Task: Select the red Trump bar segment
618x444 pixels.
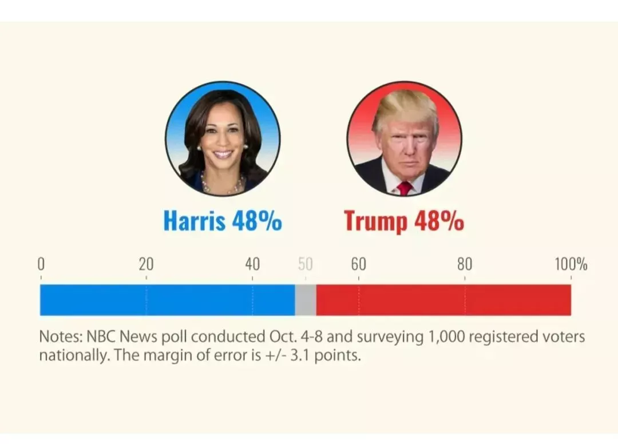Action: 443,300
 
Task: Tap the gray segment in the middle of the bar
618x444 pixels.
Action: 306,300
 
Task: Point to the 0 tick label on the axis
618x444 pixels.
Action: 41,264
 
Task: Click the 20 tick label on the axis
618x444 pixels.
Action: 146,264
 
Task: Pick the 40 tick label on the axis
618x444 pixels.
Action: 252,264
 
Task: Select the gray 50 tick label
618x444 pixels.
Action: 306,264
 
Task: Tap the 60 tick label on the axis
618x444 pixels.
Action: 359,264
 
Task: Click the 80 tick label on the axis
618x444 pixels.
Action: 465,264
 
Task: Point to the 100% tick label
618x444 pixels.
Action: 571,264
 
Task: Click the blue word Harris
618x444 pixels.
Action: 194,221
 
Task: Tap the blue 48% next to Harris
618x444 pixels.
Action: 257,221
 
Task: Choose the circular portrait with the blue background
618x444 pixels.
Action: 223,138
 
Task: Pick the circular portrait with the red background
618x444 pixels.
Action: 404,138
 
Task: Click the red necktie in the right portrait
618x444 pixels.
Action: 405,188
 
